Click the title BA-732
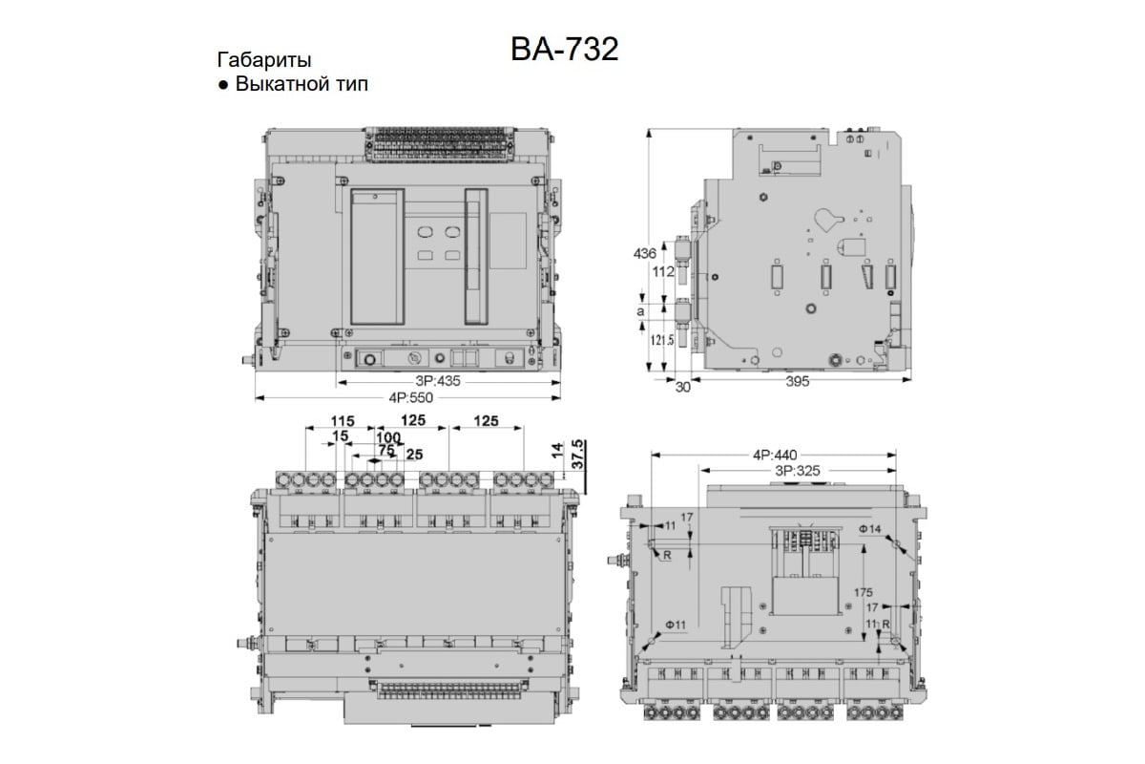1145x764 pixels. pyautogui.click(x=564, y=50)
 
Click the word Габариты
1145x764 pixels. pyautogui.click(x=264, y=60)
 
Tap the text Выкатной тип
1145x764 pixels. pyautogui.click(x=302, y=84)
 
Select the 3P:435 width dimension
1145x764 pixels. pyautogui.click(x=438, y=381)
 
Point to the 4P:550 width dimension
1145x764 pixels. pyautogui.click(x=410, y=397)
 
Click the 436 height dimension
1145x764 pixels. pyautogui.click(x=644, y=253)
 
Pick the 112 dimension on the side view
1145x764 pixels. pyautogui.click(x=663, y=272)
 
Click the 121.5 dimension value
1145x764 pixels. pyautogui.click(x=662, y=340)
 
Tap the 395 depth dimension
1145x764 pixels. pyautogui.click(x=798, y=381)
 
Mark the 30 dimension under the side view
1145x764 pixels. pyautogui.click(x=683, y=387)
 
